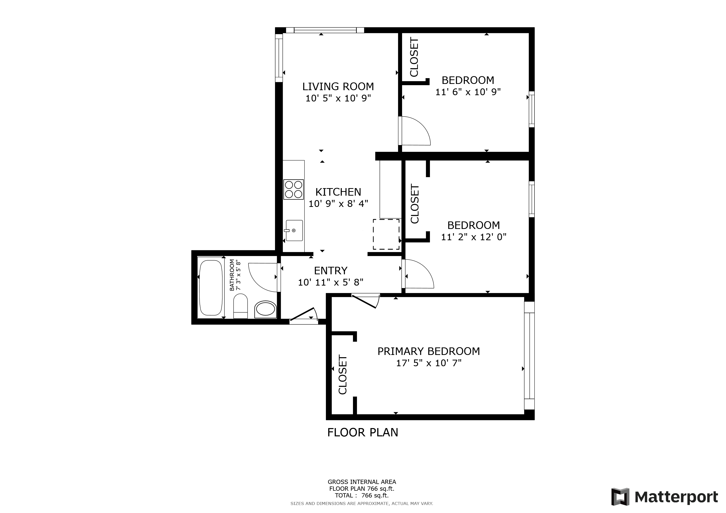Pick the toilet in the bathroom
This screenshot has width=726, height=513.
click(x=240, y=306)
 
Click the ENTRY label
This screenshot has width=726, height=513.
click(x=330, y=271)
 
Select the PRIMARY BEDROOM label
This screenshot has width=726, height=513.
click(x=428, y=351)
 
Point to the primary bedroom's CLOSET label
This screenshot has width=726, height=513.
click(x=343, y=375)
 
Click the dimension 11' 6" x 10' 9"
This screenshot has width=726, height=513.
click(x=468, y=92)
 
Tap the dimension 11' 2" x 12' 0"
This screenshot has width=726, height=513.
click(x=474, y=237)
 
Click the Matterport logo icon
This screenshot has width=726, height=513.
click(x=620, y=497)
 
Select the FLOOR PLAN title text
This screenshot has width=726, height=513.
click(x=363, y=432)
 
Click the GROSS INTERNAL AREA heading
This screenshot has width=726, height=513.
click(x=362, y=482)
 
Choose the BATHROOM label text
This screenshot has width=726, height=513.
click(x=232, y=275)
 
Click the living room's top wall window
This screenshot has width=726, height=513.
click(x=325, y=30)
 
